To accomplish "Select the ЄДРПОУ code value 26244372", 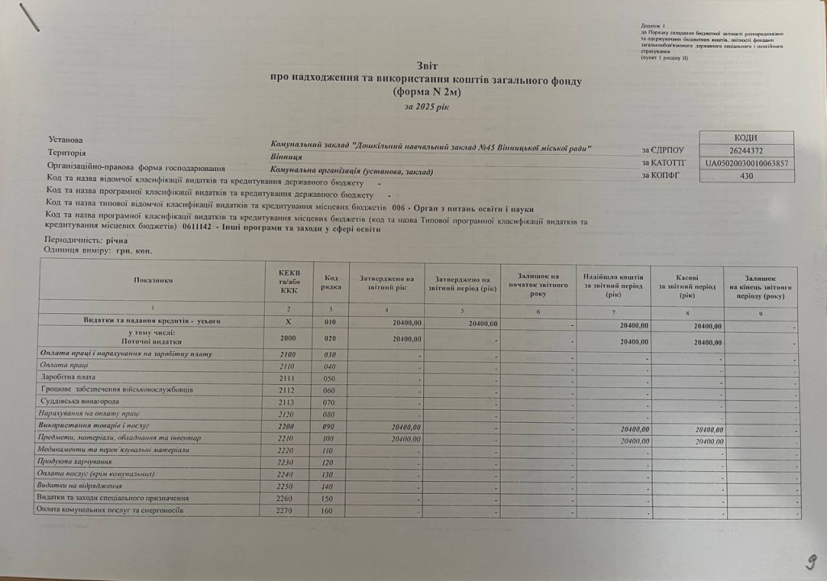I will coord(745,150).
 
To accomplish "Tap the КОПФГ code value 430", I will coord(745,175).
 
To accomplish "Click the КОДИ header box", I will coord(745,138).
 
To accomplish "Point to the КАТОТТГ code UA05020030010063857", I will coord(745,163).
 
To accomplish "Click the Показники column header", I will coord(153,280).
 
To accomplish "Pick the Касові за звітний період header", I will coord(686,286).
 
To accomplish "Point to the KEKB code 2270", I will coord(288,511).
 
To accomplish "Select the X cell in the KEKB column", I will coord(288,322).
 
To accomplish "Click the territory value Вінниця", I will coord(287,158).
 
